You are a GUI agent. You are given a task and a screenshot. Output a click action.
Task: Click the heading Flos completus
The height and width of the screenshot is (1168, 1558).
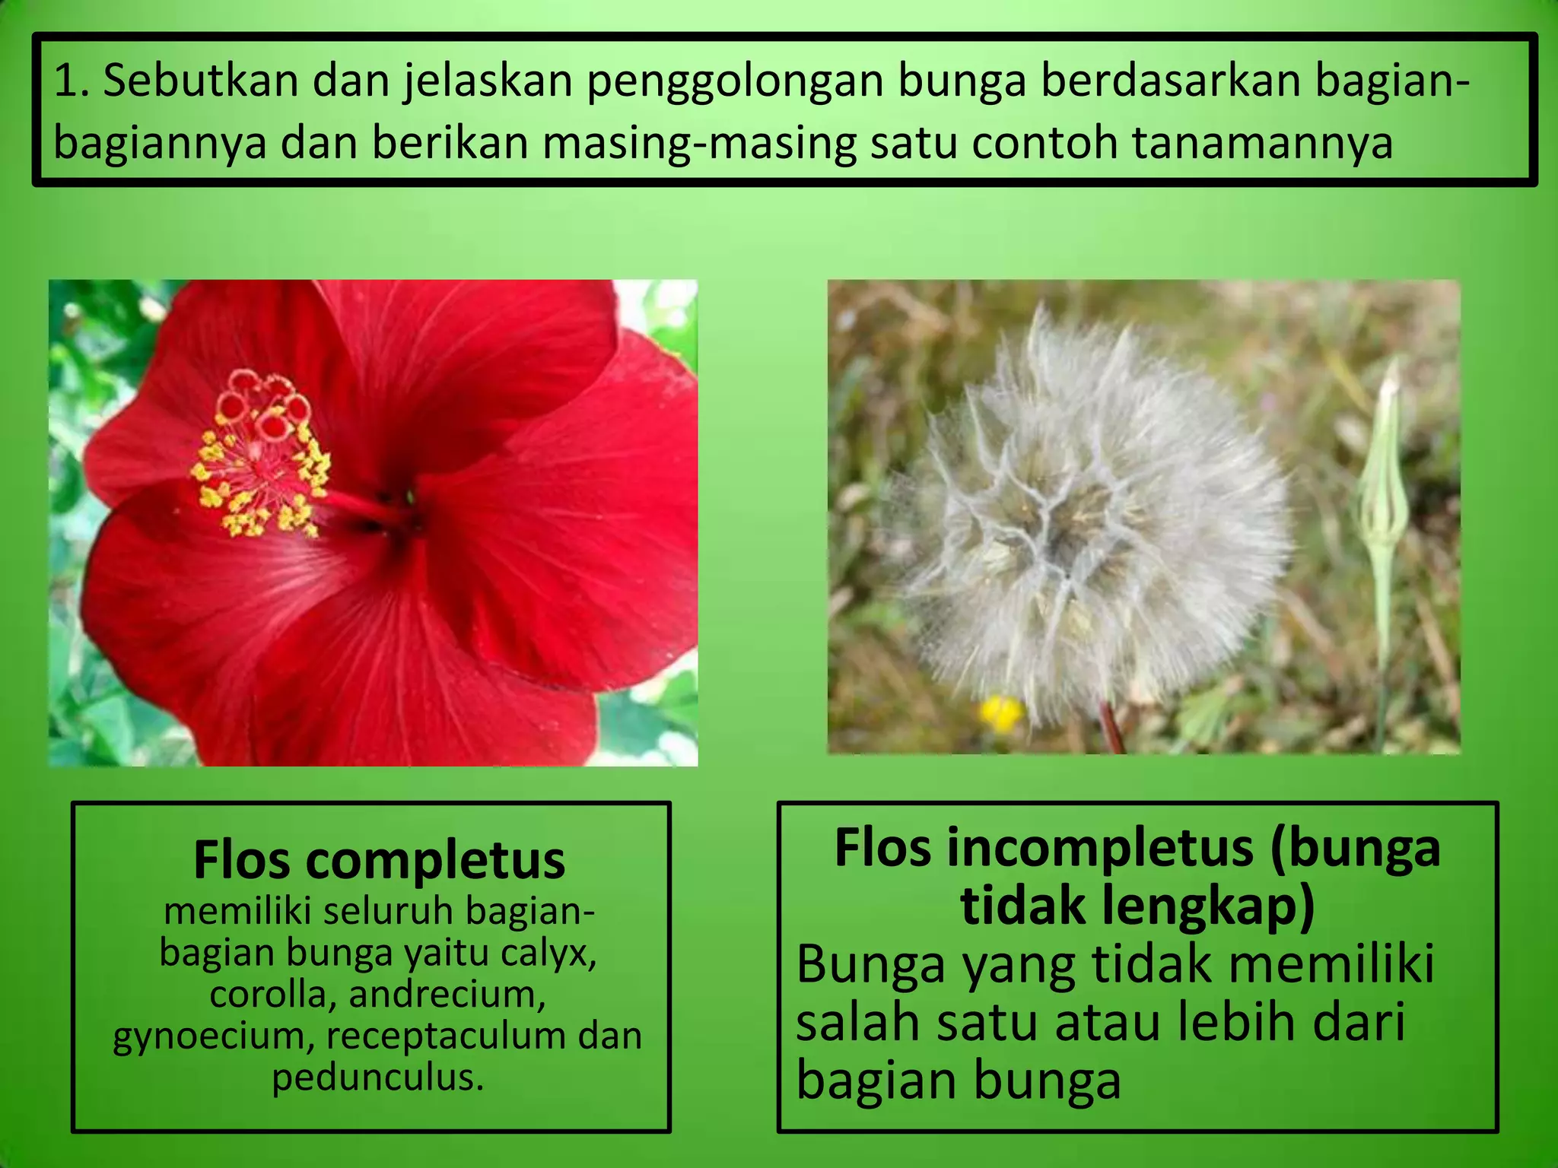(x=379, y=861)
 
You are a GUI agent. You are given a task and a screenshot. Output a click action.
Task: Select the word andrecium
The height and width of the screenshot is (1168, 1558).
(x=447, y=995)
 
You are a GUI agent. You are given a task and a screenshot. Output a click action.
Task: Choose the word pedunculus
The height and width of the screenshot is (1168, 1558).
(x=378, y=1078)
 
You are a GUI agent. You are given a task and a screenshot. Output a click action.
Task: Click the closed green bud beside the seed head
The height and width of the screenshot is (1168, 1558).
(x=1383, y=487)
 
